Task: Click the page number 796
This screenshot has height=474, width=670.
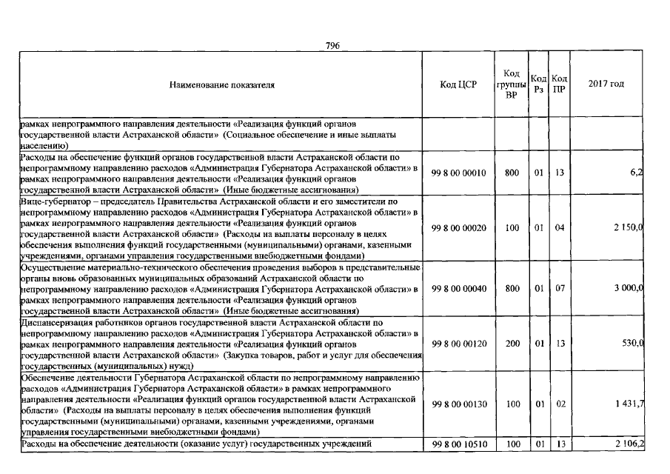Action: click(x=332, y=46)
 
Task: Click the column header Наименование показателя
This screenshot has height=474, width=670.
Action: click(x=222, y=85)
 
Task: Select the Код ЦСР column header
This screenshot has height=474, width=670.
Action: click(x=458, y=85)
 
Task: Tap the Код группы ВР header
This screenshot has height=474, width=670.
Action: click(x=511, y=84)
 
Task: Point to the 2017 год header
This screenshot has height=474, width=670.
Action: click(x=606, y=84)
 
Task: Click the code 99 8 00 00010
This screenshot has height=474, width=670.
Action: click(x=458, y=173)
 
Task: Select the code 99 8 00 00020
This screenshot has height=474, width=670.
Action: click(x=458, y=228)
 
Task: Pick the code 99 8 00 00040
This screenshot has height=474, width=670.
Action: click(x=458, y=289)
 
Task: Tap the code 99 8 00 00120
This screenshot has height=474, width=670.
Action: click(x=458, y=344)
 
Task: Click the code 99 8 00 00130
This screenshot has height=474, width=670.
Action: click(x=458, y=404)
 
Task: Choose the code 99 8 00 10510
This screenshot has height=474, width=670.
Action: click(x=458, y=444)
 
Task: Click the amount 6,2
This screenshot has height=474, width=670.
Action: click(x=637, y=173)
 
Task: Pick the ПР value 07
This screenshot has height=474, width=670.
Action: click(x=559, y=289)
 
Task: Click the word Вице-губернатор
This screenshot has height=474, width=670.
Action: click(x=53, y=201)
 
